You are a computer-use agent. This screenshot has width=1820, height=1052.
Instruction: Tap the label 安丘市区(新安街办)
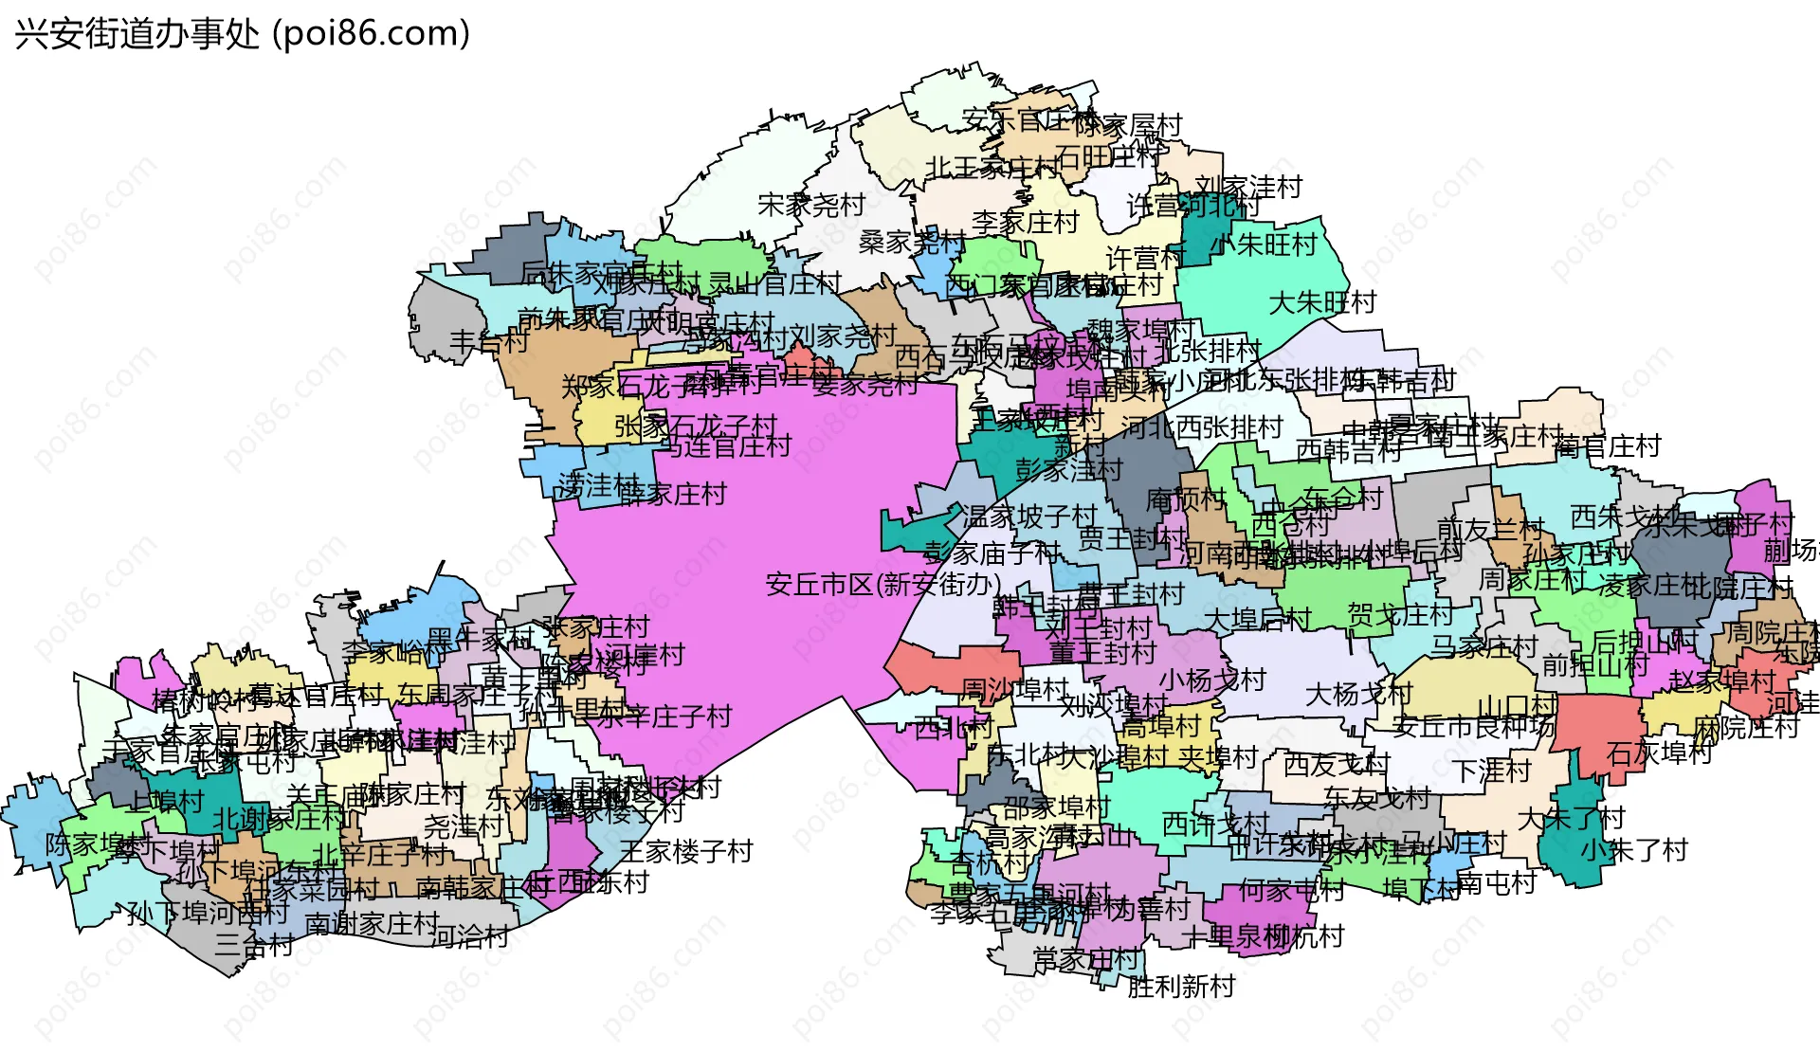pos(883,584)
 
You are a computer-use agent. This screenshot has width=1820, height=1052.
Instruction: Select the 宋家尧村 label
pos(811,205)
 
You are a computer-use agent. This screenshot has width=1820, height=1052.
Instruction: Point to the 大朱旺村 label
pos(1322,303)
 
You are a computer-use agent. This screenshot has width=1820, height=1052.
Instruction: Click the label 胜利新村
pos(1181,987)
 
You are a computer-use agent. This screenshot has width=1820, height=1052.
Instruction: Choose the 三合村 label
pos(254,944)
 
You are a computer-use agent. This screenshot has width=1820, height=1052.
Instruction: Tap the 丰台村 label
pos(489,341)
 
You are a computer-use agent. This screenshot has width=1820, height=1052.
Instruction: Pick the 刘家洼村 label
pos(1248,187)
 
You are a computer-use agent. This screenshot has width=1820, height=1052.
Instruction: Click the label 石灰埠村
pos(1660,753)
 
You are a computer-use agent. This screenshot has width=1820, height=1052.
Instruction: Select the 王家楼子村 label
pos(686,851)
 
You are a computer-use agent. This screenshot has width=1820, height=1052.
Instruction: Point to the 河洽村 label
pos(469,937)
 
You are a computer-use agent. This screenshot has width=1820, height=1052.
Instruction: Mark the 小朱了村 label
pos(1634,849)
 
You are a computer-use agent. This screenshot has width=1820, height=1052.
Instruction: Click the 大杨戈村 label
pos(1358,695)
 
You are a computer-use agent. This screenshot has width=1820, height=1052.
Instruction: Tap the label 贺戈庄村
pos(1400,614)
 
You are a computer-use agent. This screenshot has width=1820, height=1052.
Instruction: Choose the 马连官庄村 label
pos(726,445)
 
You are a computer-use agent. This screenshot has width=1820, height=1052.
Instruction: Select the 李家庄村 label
pos(1026,223)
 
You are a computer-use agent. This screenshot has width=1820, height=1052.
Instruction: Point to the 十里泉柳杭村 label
pos(1263,936)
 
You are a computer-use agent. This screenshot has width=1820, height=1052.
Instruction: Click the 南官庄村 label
pos(1608,445)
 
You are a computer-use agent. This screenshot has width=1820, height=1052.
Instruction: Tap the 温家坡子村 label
pos(1029,517)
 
